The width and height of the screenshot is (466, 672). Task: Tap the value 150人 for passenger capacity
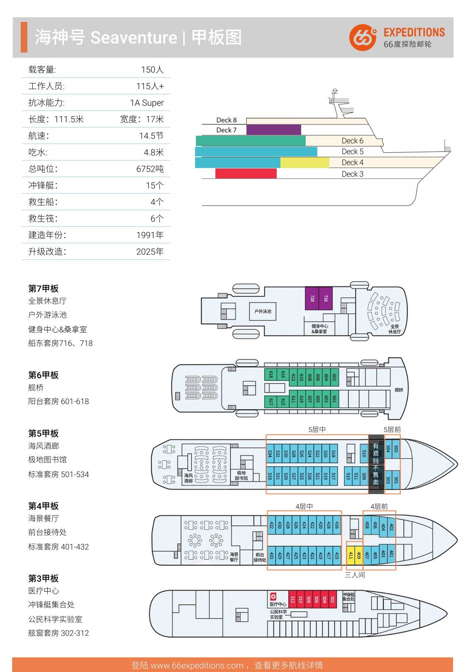point(152,70)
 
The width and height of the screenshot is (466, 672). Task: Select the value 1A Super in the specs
point(147,103)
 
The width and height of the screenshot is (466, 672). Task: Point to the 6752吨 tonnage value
point(150,169)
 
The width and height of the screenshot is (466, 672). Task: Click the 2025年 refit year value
point(150,252)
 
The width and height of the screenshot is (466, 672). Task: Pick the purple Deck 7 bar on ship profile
point(273,130)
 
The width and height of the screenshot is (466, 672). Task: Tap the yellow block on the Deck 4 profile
point(304,163)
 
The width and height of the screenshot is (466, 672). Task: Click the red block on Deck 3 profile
point(246,174)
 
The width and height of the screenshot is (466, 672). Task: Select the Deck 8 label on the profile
point(226,120)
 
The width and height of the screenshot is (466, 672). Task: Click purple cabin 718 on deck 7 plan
point(312,298)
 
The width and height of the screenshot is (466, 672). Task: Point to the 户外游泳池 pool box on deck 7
point(263,311)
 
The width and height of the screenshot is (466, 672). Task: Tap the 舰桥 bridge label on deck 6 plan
point(398,390)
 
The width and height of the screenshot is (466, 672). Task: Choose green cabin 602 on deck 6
point(334,377)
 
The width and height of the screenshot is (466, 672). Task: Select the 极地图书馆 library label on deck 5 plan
point(241,475)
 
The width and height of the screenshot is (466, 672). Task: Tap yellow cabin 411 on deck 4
point(350,555)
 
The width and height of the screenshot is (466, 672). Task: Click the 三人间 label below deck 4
point(355,575)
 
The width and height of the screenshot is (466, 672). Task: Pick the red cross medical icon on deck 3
point(273,596)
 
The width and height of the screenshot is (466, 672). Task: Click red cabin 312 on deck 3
point(292,599)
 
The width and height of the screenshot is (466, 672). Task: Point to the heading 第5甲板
point(43,433)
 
